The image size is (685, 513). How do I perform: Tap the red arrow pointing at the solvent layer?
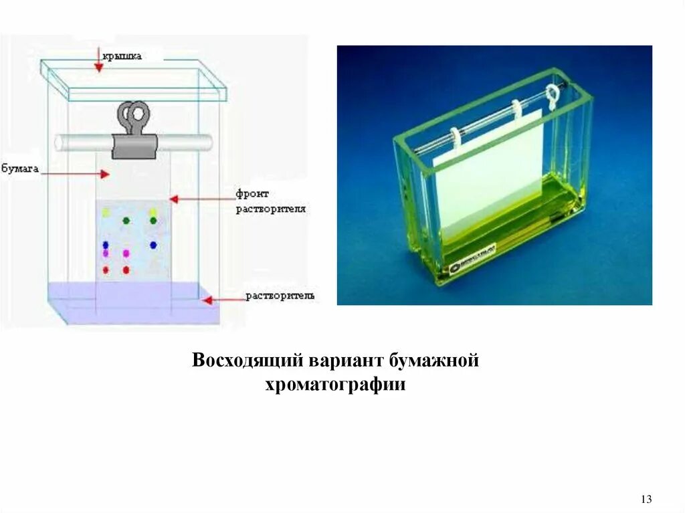(x=217, y=300)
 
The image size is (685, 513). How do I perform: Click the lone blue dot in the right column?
(x=153, y=245)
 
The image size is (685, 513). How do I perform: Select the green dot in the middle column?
(x=126, y=220)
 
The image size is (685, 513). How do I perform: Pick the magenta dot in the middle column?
(x=126, y=253)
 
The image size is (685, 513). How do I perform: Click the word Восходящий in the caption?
(x=247, y=360)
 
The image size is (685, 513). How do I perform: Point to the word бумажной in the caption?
(x=434, y=360)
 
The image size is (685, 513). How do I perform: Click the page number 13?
(x=646, y=499)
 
